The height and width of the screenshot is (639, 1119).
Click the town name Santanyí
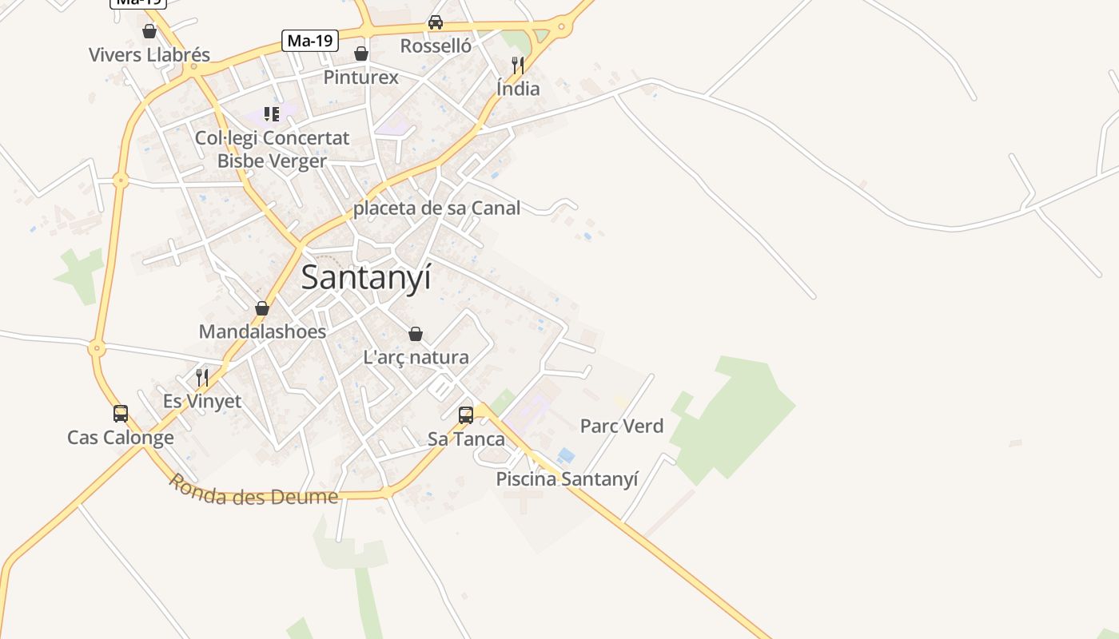366,278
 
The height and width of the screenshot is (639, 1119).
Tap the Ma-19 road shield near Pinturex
310,40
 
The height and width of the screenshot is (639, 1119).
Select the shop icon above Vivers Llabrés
149,31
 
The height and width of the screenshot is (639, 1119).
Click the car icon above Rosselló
436,22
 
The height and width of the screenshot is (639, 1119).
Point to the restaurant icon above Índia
518,65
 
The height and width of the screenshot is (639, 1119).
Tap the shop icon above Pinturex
361,54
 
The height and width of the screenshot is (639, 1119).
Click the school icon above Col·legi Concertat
272,114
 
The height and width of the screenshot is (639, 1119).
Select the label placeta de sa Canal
436,208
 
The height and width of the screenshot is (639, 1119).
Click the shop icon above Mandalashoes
262,308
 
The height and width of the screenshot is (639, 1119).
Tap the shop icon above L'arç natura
416,334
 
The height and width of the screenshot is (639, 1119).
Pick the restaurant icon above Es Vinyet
202,377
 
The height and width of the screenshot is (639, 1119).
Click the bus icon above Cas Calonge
121,414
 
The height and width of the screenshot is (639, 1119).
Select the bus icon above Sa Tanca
466,415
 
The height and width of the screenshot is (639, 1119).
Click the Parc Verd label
622,427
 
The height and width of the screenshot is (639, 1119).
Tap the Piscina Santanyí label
567,479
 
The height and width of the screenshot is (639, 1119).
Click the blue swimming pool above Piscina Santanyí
566,455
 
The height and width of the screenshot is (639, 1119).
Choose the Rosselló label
436,46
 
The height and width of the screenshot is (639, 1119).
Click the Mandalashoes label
262,331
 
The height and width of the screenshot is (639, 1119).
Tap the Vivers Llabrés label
149,55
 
